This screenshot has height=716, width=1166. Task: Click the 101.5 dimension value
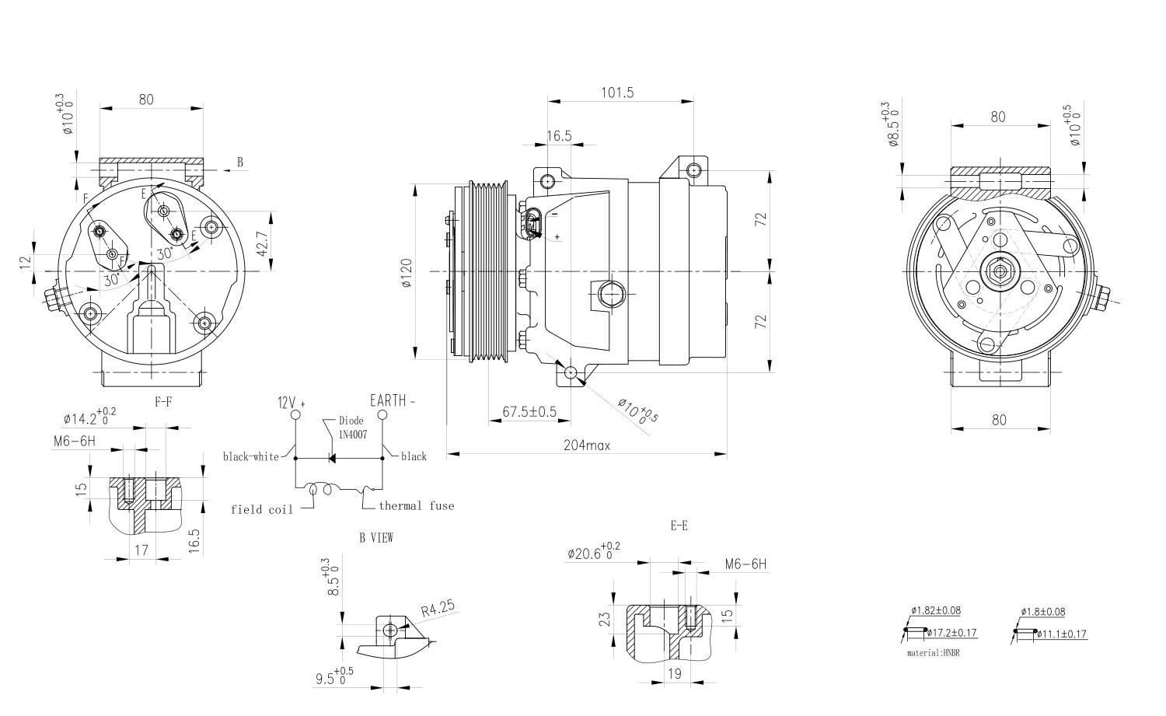pyautogui.click(x=617, y=93)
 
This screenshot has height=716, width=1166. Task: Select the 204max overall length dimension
pyautogui.click(x=586, y=445)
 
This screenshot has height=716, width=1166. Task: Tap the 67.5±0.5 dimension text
pyautogui.click(x=529, y=412)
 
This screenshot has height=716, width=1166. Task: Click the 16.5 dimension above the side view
pyautogui.click(x=558, y=136)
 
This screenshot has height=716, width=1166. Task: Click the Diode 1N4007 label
pyautogui.click(x=352, y=428)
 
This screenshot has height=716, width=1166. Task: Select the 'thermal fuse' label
pyautogui.click(x=416, y=506)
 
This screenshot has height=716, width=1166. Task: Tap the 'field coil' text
pyautogui.click(x=262, y=510)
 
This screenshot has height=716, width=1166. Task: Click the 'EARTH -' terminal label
pyautogui.click(x=393, y=401)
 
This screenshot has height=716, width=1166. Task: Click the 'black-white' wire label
pyautogui.click(x=250, y=457)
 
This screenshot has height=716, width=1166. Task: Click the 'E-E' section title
pyautogui.click(x=679, y=526)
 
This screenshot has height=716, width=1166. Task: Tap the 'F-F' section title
pyautogui.click(x=163, y=402)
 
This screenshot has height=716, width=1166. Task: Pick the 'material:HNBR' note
pyautogui.click(x=933, y=653)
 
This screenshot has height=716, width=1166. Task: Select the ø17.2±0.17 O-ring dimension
pyautogui.click(x=951, y=634)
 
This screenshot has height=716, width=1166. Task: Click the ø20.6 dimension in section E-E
pyautogui.click(x=594, y=553)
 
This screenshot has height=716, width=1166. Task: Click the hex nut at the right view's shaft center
pyautogui.click(x=998, y=271)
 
